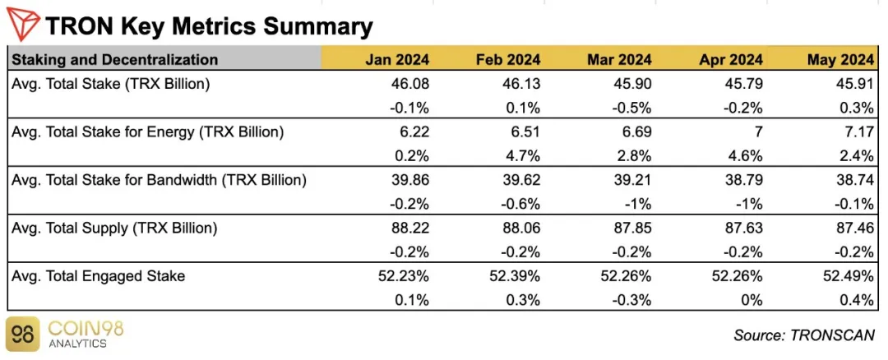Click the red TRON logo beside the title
pyautogui.click(x=23, y=25)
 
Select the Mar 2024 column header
pyautogui.click(x=619, y=59)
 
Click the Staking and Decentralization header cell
pyautogui.click(x=115, y=59)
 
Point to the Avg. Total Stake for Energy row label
pyautogui.click(x=148, y=132)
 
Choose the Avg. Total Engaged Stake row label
pyautogui.click(x=99, y=276)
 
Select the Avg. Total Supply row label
pyautogui.click(x=114, y=228)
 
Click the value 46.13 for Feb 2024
pyautogui.click(x=521, y=84)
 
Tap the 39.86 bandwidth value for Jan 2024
pyautogui.click(x=410, y=180)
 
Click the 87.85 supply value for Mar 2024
pyautogui.click(x=632, y=228)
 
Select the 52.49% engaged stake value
pyautogui.click(x=848, y=276)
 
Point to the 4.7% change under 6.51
pyautogui.click(x=524, y=155)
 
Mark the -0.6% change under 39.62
pyautogui.click(x=521, y=204)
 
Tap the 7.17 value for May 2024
pyautogui.click(x=858, y=132)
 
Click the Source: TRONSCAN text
pyautogui.click(x=803, y=335)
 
